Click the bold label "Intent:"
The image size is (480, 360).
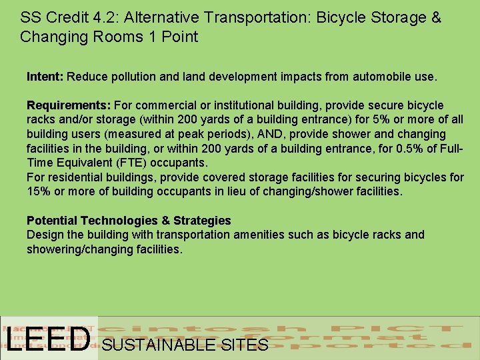[45, 77]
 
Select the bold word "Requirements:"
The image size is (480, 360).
[69, 105]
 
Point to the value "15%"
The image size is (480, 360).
[38, 192]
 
